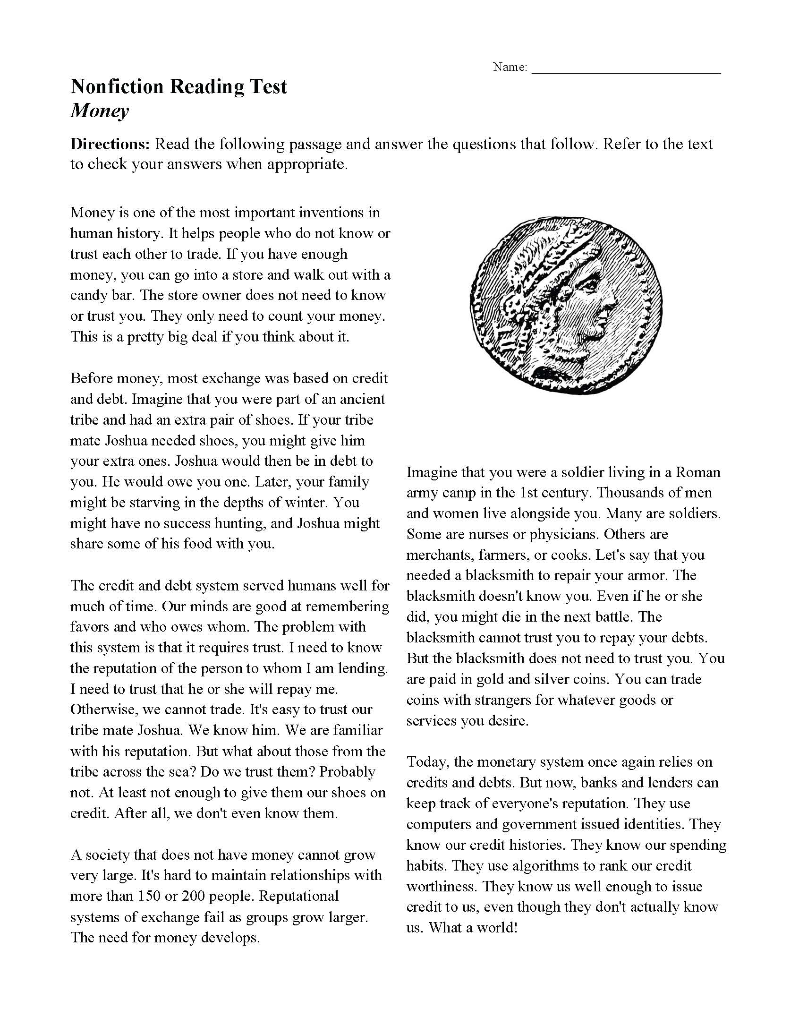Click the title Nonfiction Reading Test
[178, 87]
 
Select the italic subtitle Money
[99, 111]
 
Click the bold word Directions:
[110, 144]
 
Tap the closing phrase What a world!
[473, 927]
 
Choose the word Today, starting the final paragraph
[427, 762]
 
